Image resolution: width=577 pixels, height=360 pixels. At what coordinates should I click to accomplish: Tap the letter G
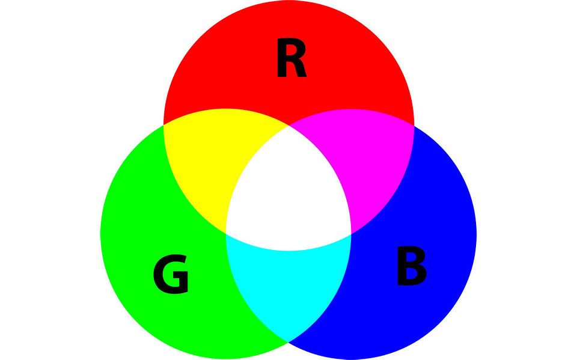[x=171, y=274]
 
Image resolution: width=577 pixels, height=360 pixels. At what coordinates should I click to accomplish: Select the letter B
[x=412, y=266]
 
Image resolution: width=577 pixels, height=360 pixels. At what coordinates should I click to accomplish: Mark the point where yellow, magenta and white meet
[x=289, y=126]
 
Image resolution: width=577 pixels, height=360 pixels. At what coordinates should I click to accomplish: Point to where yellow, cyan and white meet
[x=225, y=234]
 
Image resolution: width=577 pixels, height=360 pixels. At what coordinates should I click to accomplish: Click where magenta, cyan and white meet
[x=352, y=234]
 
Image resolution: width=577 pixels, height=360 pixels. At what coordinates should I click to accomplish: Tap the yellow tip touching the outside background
[x=163, y=125]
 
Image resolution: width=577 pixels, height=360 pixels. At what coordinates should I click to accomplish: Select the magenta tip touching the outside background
[x=414, y=126]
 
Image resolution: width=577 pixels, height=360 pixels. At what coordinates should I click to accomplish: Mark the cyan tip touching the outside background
[x=288, y=343]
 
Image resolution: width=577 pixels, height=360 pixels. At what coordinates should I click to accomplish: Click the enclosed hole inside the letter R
[x=291, y=50]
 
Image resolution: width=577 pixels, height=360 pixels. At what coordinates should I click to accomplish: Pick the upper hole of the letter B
[x=411, y=257]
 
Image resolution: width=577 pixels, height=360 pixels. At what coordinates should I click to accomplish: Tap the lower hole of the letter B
[x=412, y=273]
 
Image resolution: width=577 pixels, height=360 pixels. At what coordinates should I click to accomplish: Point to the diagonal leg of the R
[x=301, y=69]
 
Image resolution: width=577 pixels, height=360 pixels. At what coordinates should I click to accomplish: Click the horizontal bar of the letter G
[x=180, y=275]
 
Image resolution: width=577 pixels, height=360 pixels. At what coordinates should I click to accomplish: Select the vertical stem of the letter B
[x=402, y=266]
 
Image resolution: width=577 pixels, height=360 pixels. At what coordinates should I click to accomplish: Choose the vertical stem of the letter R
[x=281, y=58]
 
